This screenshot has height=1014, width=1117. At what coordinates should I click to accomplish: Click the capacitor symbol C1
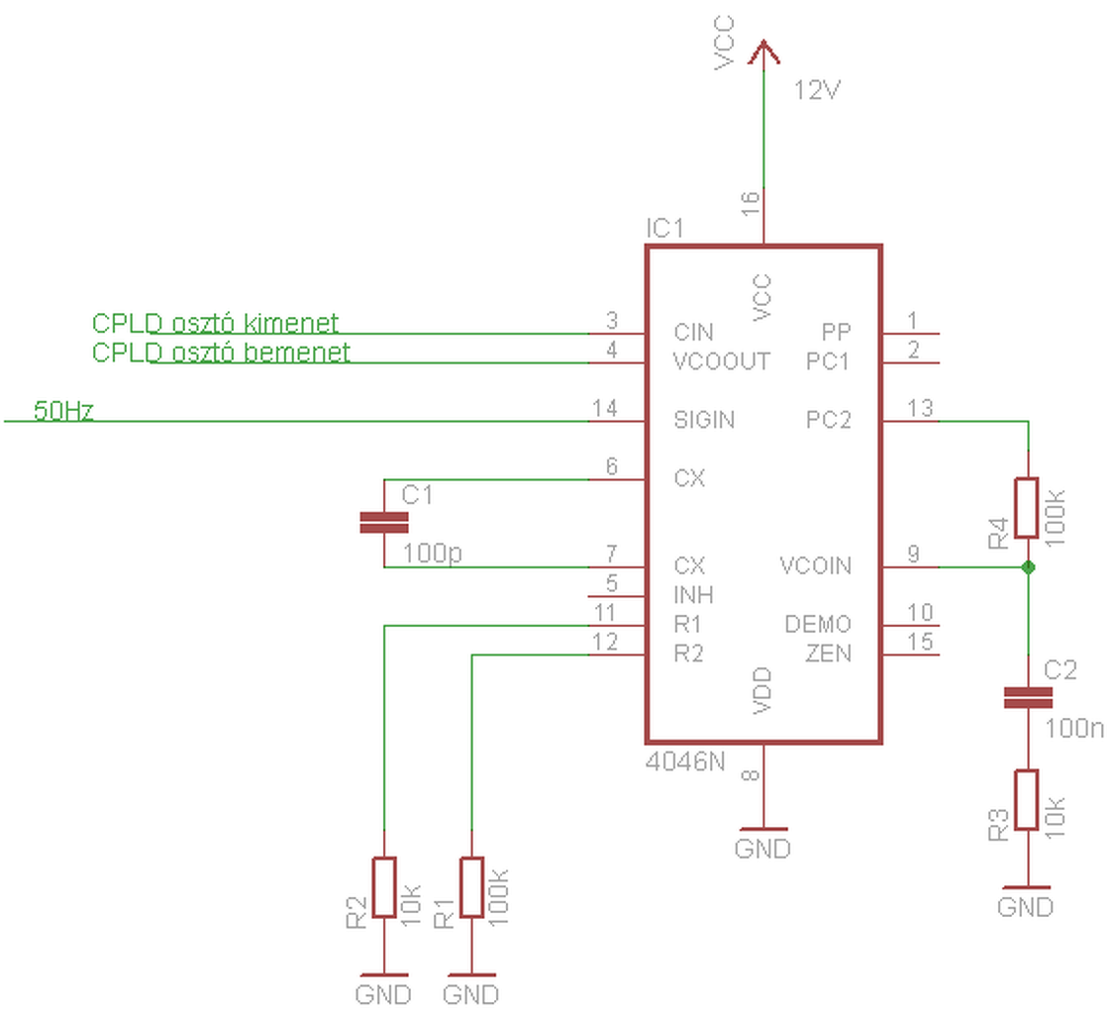pyautogui.click(x=384, y=522)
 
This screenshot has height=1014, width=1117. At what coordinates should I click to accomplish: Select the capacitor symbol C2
pyautogui.click(x=1027, y=697)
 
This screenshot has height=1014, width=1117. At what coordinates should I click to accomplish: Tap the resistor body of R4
pyautogui.click(x=1027, y=507)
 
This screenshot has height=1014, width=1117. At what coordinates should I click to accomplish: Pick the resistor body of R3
pyautogui.click(x=1027, y=799)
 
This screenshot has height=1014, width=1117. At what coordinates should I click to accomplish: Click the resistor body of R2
pyautogui.click(x=384, y=887)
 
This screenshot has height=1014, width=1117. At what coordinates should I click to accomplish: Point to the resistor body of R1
pyautogui.click(x=471, y=887)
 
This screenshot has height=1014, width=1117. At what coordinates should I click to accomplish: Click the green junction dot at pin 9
pyautogui.click(x=1027, y=567)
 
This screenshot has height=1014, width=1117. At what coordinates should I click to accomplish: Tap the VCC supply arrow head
pyautogui.click(x=763, y=52)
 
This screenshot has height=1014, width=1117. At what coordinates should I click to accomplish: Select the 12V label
pyautogui.click(x=817, y=90)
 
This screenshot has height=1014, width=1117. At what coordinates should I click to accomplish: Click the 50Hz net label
pyautogui.click(x=63, y=410)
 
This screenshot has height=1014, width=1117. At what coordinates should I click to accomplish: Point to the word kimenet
pyautogui.click(x=291, y=323)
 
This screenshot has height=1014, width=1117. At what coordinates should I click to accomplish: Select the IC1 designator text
pyautogui.click(x=664, y=228)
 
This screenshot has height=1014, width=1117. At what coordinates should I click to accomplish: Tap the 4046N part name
pyautogui.click(x=685, y=762)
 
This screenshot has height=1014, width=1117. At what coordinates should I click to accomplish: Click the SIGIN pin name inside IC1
pyautogui.click(x=704, y=420)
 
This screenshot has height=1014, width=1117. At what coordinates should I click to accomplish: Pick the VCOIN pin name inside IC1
pyautogui.click(x=816, y=565)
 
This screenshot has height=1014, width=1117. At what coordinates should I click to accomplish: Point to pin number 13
pyautogui.click(x=920, y=408)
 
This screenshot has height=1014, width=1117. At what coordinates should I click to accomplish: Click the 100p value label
pyautogui.click(x=433, y=553)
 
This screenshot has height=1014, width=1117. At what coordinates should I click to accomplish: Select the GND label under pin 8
pyautogui.click(x=762, y=849)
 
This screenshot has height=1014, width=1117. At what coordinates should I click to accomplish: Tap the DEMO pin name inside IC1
pyautogui.click(x=818, y=624)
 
